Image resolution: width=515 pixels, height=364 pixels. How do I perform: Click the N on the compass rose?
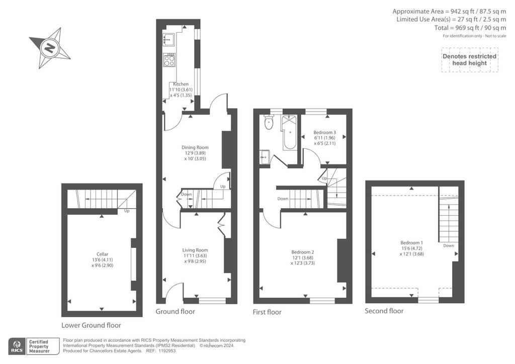(x=50, y=48)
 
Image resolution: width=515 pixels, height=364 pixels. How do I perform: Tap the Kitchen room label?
(x=181, y=84)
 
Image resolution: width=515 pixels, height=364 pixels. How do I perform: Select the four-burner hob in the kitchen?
(x=169, y=60)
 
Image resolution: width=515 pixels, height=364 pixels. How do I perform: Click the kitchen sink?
(x=169, y=39)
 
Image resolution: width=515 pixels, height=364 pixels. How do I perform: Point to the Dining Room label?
(x=195, y=147)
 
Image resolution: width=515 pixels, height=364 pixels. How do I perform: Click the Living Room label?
(x=195, y=250)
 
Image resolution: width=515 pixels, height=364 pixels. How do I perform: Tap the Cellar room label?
(x=102, y=254)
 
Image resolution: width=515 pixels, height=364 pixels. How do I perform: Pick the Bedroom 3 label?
(x=324, y=133)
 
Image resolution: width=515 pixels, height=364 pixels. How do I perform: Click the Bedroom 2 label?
(x=302, y=252)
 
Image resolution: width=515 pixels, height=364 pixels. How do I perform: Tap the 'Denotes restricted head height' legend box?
(x=470, y=60)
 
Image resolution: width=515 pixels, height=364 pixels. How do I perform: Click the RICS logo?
(x=17, y=346)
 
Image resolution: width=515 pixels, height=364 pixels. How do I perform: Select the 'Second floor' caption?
(x=384, y=311)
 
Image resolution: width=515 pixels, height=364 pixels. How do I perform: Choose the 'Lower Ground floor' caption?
(x=92, y=325)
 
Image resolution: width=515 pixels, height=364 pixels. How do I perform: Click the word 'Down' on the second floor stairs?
(x=449, y=245)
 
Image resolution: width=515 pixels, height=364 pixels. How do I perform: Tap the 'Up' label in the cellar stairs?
(x=127, y=211)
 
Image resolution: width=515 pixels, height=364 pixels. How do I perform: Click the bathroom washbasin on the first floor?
(x=265, y=157)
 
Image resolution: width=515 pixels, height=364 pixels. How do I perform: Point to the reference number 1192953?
(x=167, y=351)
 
